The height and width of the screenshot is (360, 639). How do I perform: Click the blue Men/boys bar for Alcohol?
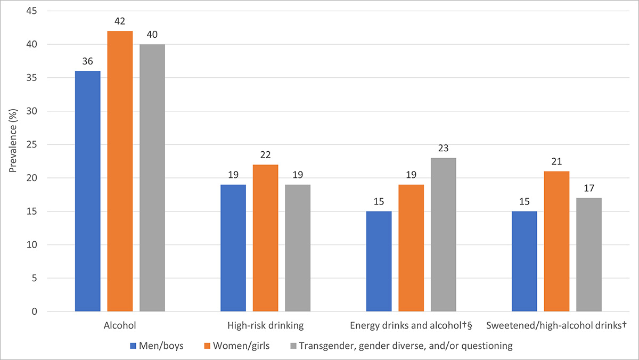coord(88,191)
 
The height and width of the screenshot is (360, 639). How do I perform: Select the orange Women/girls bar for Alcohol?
coord(120,171)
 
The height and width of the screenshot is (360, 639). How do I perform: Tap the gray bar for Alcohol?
coord(152,178)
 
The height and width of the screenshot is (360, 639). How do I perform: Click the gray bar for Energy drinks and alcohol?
coord(443,235)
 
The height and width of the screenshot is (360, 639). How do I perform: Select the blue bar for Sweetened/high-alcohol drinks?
coord(524,261)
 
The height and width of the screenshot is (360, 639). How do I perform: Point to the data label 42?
coord(120,22)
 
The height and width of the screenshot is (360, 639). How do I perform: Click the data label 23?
coord(443,149)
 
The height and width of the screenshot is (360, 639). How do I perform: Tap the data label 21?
coord(556,162)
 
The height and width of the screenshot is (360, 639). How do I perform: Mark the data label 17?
coord(588,189)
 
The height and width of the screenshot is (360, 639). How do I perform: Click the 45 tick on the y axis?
coord(35,11)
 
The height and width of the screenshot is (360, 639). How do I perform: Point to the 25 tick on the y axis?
coord(35,145)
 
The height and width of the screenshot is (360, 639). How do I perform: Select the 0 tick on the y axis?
coord(37,312)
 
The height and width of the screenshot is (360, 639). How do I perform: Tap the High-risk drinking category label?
coord(265,324)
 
